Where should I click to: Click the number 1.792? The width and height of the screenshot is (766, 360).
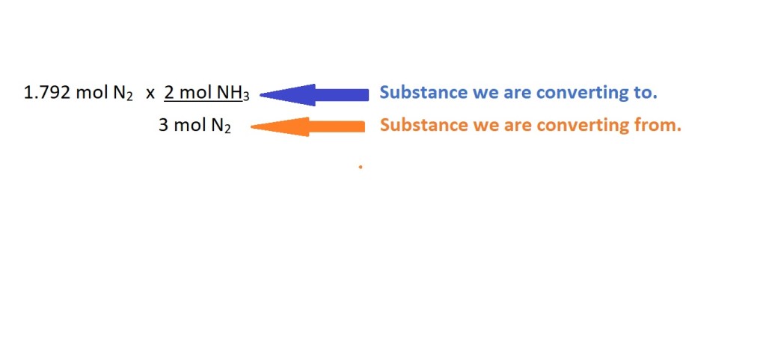[47, 92]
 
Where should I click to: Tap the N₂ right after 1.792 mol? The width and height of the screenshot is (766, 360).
[123, 94]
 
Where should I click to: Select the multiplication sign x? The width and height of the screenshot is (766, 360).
[150, 94]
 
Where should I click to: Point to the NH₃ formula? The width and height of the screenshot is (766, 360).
[233, 94]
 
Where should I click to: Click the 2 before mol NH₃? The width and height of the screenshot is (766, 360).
[169, 92]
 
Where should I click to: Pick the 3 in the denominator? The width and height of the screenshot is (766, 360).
[164, 126]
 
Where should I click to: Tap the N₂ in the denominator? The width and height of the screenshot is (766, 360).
[221, 126]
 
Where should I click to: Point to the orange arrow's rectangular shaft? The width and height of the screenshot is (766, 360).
[337, 127]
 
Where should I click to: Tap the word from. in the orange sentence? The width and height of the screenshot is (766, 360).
[655, 125]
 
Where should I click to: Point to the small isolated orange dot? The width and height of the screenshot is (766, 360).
[361, 167]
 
